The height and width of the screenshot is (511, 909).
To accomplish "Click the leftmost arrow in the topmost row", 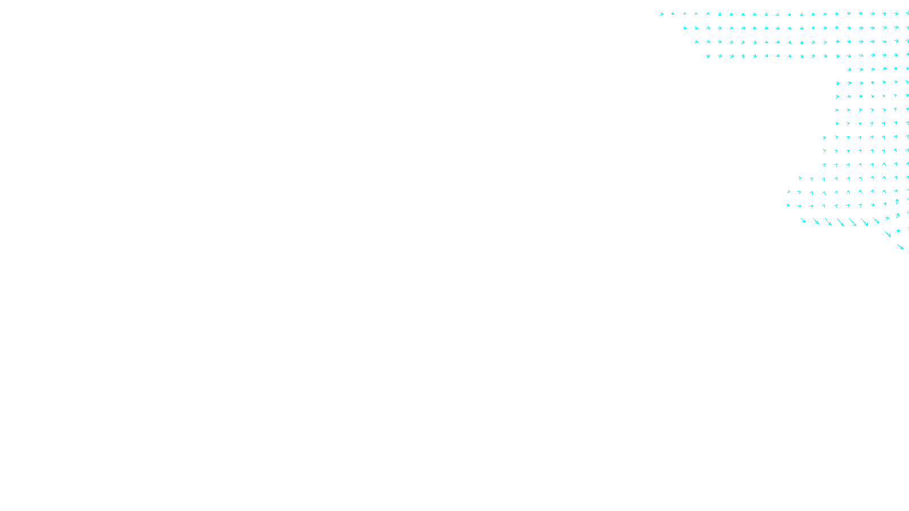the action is pyautogui.click(x=661, y=14).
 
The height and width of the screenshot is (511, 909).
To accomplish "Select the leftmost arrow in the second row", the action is pyautogui.click(x=685, y=27).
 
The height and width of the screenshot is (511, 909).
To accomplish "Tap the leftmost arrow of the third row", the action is pyautogui.click(x=697, y=41).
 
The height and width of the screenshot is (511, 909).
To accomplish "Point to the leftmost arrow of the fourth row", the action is pyautogui.click(x=708, y=56).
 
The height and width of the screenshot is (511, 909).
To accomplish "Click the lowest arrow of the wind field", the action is pyautogui.click(x=900, y=246).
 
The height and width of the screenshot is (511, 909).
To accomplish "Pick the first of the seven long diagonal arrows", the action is pyautogui.click(x=803, y=220).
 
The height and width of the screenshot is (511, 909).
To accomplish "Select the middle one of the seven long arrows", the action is pyautogui.click(x=840, y=222).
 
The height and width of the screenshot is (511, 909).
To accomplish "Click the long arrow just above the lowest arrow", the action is pyautogui.click(x=888, y=233).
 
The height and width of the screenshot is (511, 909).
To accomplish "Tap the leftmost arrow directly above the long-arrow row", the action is pyautogui.click(x=788, y=205).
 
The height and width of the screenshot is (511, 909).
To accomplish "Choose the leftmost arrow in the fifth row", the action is pyautogui.click(x=850, y=69).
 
